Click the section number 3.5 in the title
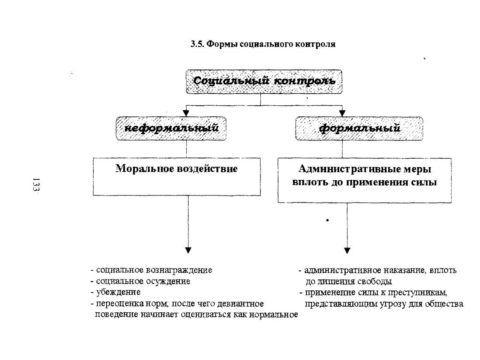tap(197, 44)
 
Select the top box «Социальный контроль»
tap(264, 81)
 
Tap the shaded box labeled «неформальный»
tap(171, 128)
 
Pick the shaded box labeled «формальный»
tap(359, 128)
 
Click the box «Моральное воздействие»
tap(177, 177)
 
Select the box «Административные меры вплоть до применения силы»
tap(364, 180)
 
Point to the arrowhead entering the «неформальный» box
tap(186, 113)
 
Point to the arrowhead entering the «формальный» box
tap(342, 113)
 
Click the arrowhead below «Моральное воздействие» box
tap(188, 250)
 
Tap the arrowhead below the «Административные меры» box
tap(347, 250)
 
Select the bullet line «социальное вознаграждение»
tap(151, 270)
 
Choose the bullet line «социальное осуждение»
tap(140, 281)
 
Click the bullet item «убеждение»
tap(115, 292)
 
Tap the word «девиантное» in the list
tap(240, 304)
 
